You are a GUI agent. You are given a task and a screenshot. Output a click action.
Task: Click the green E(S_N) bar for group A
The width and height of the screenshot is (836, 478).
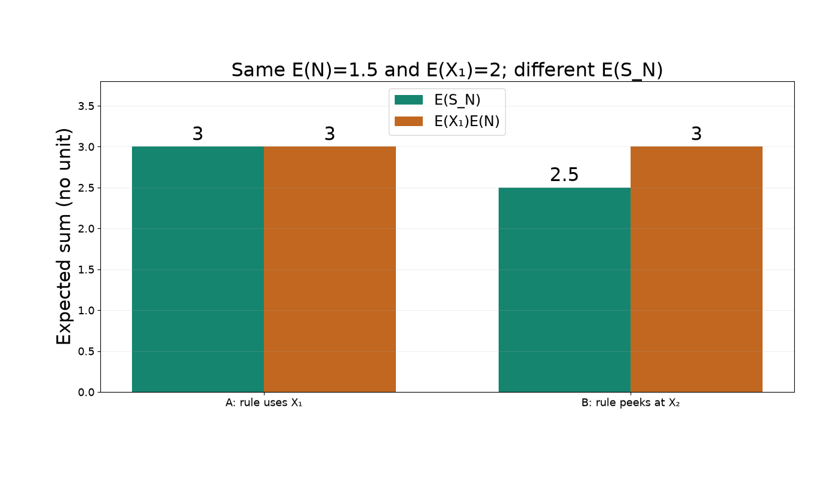point(198,269)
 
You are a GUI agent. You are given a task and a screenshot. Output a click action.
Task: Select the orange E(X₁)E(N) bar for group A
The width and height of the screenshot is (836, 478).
point(330,269)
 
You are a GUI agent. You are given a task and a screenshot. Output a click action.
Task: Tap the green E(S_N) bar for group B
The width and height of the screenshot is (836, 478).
point(565,290)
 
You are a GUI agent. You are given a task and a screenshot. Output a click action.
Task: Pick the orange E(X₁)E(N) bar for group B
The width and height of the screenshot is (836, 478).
point(696,269)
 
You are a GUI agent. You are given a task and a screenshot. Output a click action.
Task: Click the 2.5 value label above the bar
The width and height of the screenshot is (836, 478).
point(564,174)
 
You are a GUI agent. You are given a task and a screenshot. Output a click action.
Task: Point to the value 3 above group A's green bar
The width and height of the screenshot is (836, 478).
point(198,134)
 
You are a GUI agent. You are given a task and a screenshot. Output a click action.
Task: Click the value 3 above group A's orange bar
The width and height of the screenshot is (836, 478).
point(330,134)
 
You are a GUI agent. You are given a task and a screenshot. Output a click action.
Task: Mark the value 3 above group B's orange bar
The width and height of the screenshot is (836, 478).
point(696,134)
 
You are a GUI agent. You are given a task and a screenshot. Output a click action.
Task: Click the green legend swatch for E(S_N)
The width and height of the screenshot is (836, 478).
point(408,100)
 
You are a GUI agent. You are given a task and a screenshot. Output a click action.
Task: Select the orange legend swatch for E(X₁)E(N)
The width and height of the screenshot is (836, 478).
point(408,121)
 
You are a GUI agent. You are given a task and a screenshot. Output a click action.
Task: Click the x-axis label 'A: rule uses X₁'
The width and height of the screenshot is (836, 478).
point(264,403)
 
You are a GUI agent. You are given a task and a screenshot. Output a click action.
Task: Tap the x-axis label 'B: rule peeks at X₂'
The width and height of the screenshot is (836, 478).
point(631,403)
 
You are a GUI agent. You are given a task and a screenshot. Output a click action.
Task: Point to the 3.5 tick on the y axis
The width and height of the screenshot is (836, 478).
point(86,106)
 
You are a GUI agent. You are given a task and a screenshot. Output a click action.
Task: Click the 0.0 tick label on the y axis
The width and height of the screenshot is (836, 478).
point(86,393)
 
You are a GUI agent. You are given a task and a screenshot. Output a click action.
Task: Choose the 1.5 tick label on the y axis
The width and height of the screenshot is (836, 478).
point(86,269)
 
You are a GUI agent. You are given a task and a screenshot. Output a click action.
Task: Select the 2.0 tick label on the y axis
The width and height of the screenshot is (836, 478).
point(86,229)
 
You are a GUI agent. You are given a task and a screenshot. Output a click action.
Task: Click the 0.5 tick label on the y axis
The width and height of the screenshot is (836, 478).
point(86,352)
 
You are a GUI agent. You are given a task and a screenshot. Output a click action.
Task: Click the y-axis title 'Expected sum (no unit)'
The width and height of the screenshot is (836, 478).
point(64,237)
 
